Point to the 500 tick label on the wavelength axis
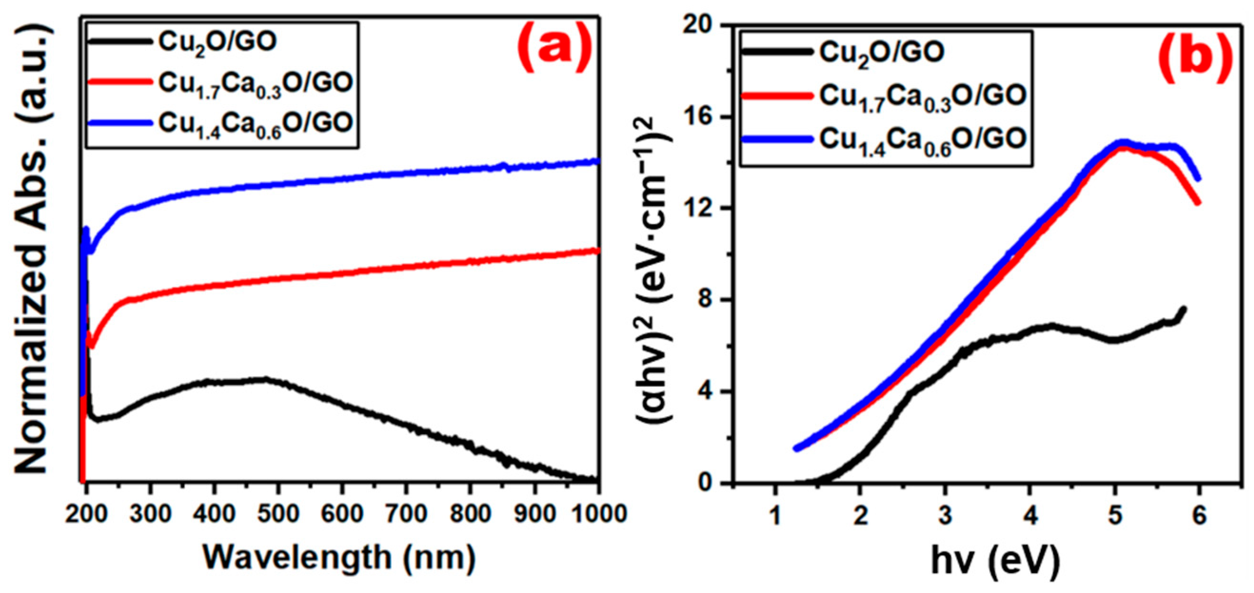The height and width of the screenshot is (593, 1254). tap(278, 514)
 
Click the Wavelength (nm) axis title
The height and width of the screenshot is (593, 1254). tap(339, 557)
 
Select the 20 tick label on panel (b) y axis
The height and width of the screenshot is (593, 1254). tap(697, 25)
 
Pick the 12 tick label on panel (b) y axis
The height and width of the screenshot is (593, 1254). tap(697, 208)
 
